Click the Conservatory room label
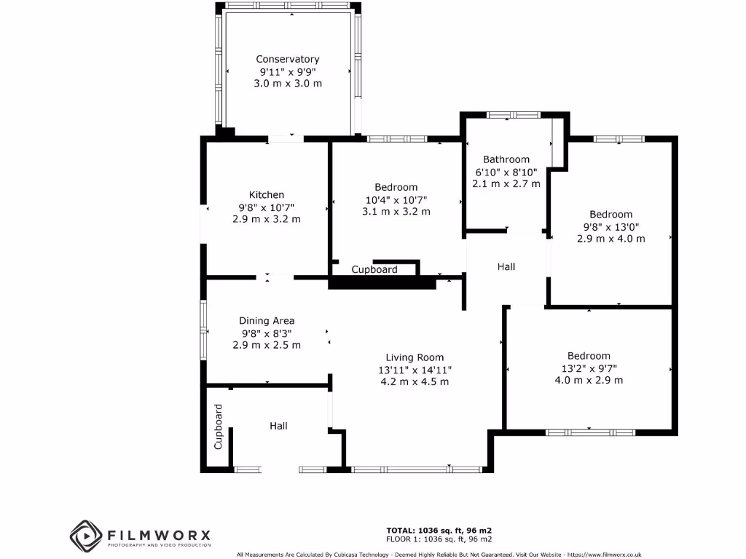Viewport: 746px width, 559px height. click(x=287, y=59)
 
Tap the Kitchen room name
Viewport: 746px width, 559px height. click(x=267, y=194)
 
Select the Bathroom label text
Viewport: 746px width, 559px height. click(x=506, y=159)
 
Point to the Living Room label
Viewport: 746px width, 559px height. click(x=415, y=357)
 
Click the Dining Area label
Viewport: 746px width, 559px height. click(x=267, y=320)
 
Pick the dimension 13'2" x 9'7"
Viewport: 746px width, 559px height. click(x=589, y=368)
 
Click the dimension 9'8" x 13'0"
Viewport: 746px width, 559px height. click(x=610, y=226)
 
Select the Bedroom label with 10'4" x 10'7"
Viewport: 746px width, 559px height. click(x=396, y=187)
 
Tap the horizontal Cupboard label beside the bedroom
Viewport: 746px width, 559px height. click(x=374, y=269)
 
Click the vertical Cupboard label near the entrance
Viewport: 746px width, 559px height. click(x=218, y=436)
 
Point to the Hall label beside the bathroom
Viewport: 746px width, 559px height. click(x=506, y=266)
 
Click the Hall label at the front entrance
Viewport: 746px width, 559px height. click(x=278, y=425)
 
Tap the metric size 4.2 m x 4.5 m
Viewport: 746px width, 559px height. click(x=415, y=381)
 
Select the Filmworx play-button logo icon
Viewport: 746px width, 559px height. click(x=85, y=536)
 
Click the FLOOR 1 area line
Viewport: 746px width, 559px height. click(x=439, y=539)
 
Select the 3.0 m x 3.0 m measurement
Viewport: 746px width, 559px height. click(x=287, y=84)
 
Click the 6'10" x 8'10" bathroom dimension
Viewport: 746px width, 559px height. click(x=506, y=172)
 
